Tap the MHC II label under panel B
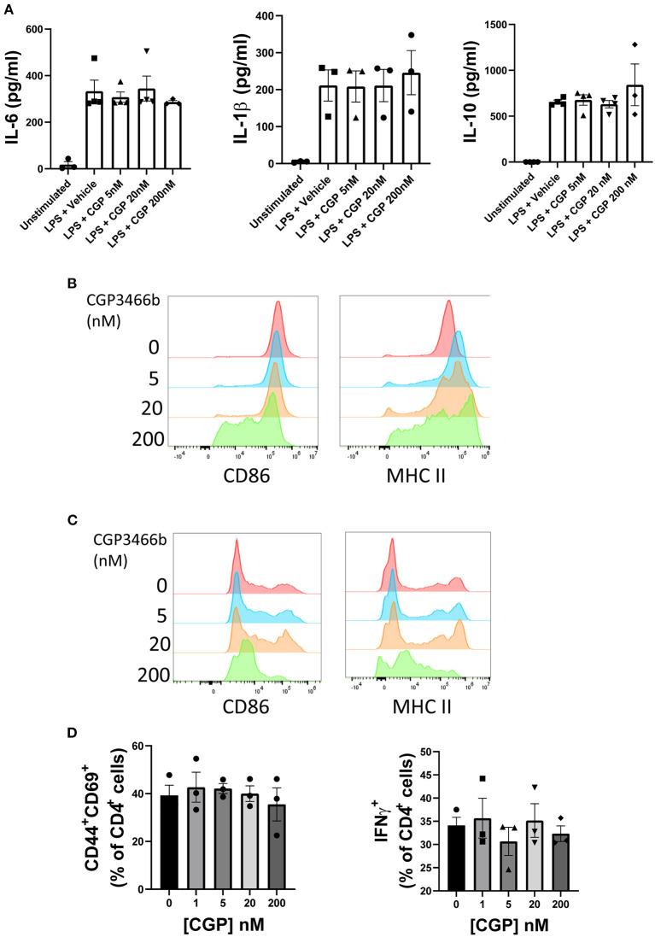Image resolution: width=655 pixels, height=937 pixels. [x=418, y=468]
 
